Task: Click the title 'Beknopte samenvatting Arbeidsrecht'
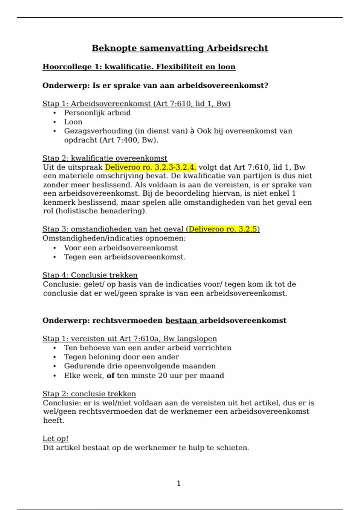coord(180,48)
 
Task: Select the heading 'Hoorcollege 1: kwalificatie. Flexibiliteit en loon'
coord(139,67)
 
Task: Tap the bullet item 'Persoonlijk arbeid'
coord(97,113)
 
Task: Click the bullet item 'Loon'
coord(73,122)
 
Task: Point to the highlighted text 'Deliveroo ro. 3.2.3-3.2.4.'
coord(150,167)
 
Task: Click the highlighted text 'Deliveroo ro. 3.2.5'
coord(223,229)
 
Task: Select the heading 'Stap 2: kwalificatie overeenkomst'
coord(105,158)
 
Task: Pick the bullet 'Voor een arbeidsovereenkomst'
coord(121,248)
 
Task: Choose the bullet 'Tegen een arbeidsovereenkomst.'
coord(124,257)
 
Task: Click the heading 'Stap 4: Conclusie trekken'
coord(90,275)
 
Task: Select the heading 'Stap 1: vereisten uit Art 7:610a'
coord(130,339)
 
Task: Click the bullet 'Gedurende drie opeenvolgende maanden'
coord(140,366)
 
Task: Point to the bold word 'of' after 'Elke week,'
coord(111,376)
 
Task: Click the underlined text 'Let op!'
coord(55,439)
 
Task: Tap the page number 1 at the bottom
coord(179,483)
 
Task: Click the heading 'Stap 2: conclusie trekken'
coord(89,394)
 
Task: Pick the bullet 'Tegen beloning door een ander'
coord(121,357)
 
